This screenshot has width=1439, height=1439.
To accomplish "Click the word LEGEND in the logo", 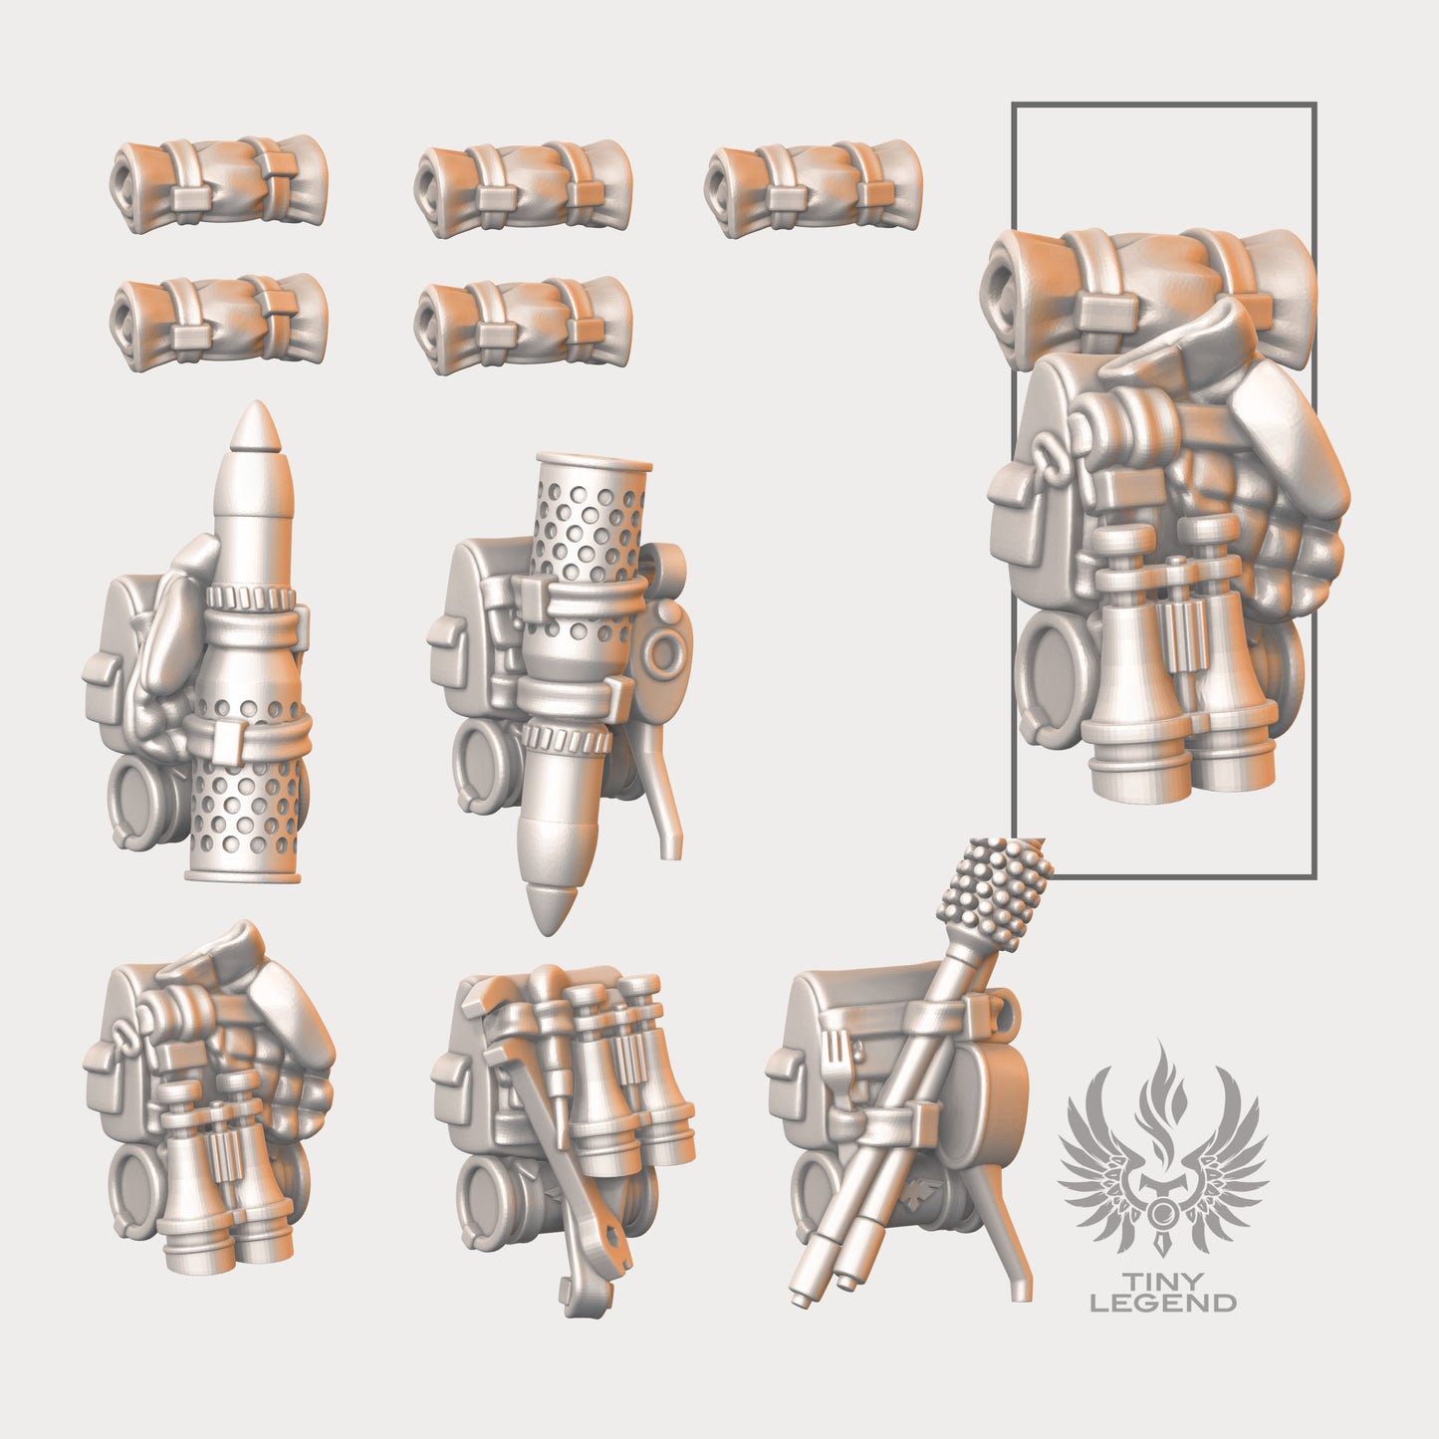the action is (x=1162, y=1303).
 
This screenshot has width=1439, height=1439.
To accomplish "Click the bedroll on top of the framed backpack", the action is (x=1145, y=279).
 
